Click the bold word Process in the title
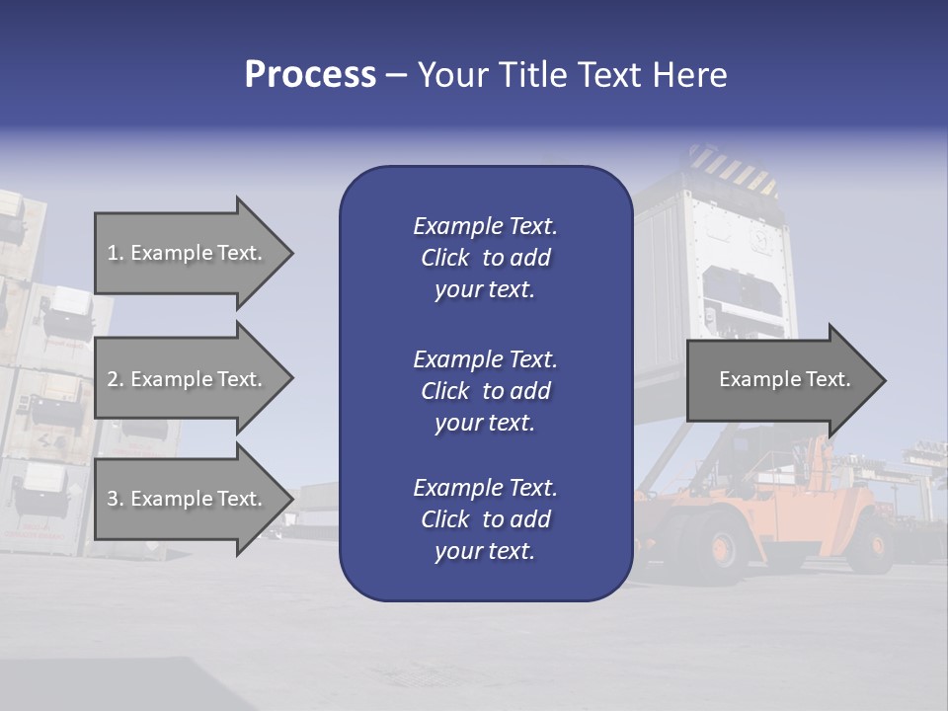[x=310, y=74]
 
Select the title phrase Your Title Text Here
[x=572, y=75]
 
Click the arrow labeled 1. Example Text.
[x=188, y=253]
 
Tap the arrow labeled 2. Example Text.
[x=188, y=379]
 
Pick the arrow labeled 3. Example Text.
[x=188, y=499]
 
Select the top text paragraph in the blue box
[x=485, y=258]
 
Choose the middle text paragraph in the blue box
[x=485, y=391]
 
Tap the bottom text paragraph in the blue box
[x=485, y=519]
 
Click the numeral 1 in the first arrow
[x=113, y=253]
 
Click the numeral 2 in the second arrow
[x=113, y=379]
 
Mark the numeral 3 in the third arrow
[x=113, y=499]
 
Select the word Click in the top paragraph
[x=445, y=258]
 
